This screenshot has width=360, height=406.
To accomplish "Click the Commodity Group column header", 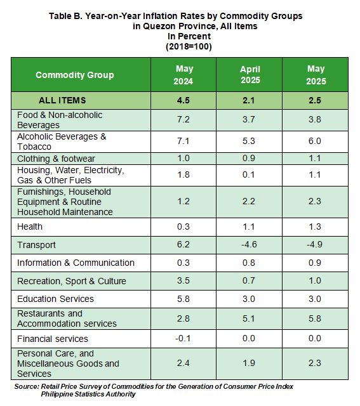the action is (x=75, y=75).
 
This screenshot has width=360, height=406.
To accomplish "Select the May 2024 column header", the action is (x=183, y=75).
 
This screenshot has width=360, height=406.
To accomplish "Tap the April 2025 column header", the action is (x=250, y=75).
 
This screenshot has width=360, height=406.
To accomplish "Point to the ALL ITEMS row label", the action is (x=62, y=100).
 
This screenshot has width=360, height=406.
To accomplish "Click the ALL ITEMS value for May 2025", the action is (x=315, y=100).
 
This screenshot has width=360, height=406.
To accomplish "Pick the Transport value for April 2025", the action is (x=249, y=244).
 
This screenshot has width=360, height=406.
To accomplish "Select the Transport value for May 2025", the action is (x=315, y=244).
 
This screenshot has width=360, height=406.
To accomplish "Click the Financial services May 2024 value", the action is (x=183, y=338).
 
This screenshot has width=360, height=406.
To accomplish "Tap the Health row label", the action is (x=30, y=226).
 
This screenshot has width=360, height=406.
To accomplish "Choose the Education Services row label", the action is (x=55, y=299).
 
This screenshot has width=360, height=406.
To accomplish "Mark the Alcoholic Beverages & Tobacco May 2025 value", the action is (x=315, y=141).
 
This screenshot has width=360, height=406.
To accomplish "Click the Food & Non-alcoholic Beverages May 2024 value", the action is (x=183, y=119).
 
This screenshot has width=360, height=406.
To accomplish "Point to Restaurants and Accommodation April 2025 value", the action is (x=249, y=318).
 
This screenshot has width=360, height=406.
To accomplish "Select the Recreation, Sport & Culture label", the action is (x=72, y=281).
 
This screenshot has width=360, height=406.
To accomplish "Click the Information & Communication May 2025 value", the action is (x=315, y=263).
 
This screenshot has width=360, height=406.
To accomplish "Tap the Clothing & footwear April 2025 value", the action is (x=249, y=158).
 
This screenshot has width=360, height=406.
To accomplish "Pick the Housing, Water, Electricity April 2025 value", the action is (x=249, y=174).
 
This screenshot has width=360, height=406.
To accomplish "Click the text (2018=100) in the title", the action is (x=189, y=46).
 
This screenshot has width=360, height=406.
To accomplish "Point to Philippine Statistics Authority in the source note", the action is (x=88, y=394).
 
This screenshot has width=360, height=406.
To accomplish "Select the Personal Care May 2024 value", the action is (x=183, y=363).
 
